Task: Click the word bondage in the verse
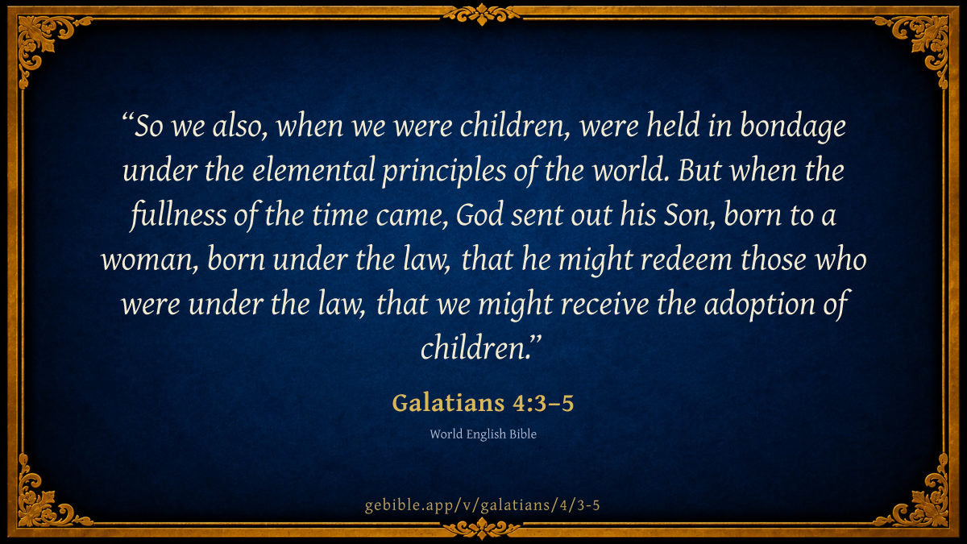[x=793, y=127]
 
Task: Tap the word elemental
[x=313, y=170]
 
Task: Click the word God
[x=479, y=215]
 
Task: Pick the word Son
[x=688, y=215]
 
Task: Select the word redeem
[x=687, y=260]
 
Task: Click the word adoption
[x=759, y=305]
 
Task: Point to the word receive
[x=604, y=304]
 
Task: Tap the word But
[x=699, y=170]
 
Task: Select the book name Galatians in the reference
[x=448, y=403]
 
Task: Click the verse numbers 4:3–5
[x=543, y=403]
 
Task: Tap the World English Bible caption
[x=483, y=434]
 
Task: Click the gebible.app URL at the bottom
[x=483, y=505]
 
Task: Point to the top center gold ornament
[x=482, y=14]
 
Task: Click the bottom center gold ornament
[x=482, y=528]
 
